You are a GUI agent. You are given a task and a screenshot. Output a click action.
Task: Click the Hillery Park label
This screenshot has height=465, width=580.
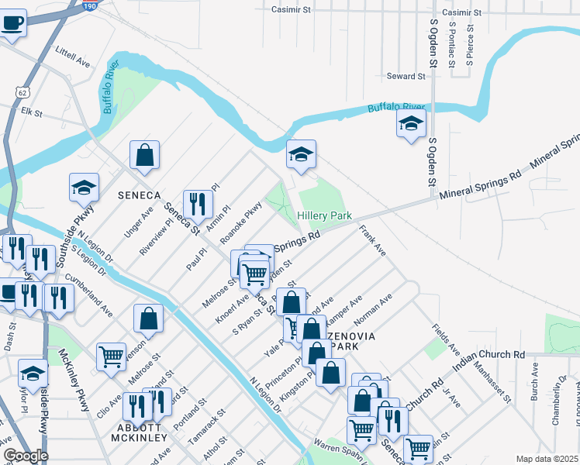pos(325,215)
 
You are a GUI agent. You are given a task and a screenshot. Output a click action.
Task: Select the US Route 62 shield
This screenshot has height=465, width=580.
pos(20,91)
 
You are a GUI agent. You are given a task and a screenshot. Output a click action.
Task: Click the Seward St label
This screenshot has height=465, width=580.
pos(407,77)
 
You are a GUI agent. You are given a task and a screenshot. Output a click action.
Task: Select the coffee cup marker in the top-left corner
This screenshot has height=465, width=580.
pos(12,22)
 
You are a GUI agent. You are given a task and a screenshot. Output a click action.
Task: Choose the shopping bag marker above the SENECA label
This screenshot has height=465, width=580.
pos(144,156)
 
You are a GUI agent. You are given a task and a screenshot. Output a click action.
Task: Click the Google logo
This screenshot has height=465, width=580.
pos(25,456)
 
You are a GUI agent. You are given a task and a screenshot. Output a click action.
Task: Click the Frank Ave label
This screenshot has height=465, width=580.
pos(372,240)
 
